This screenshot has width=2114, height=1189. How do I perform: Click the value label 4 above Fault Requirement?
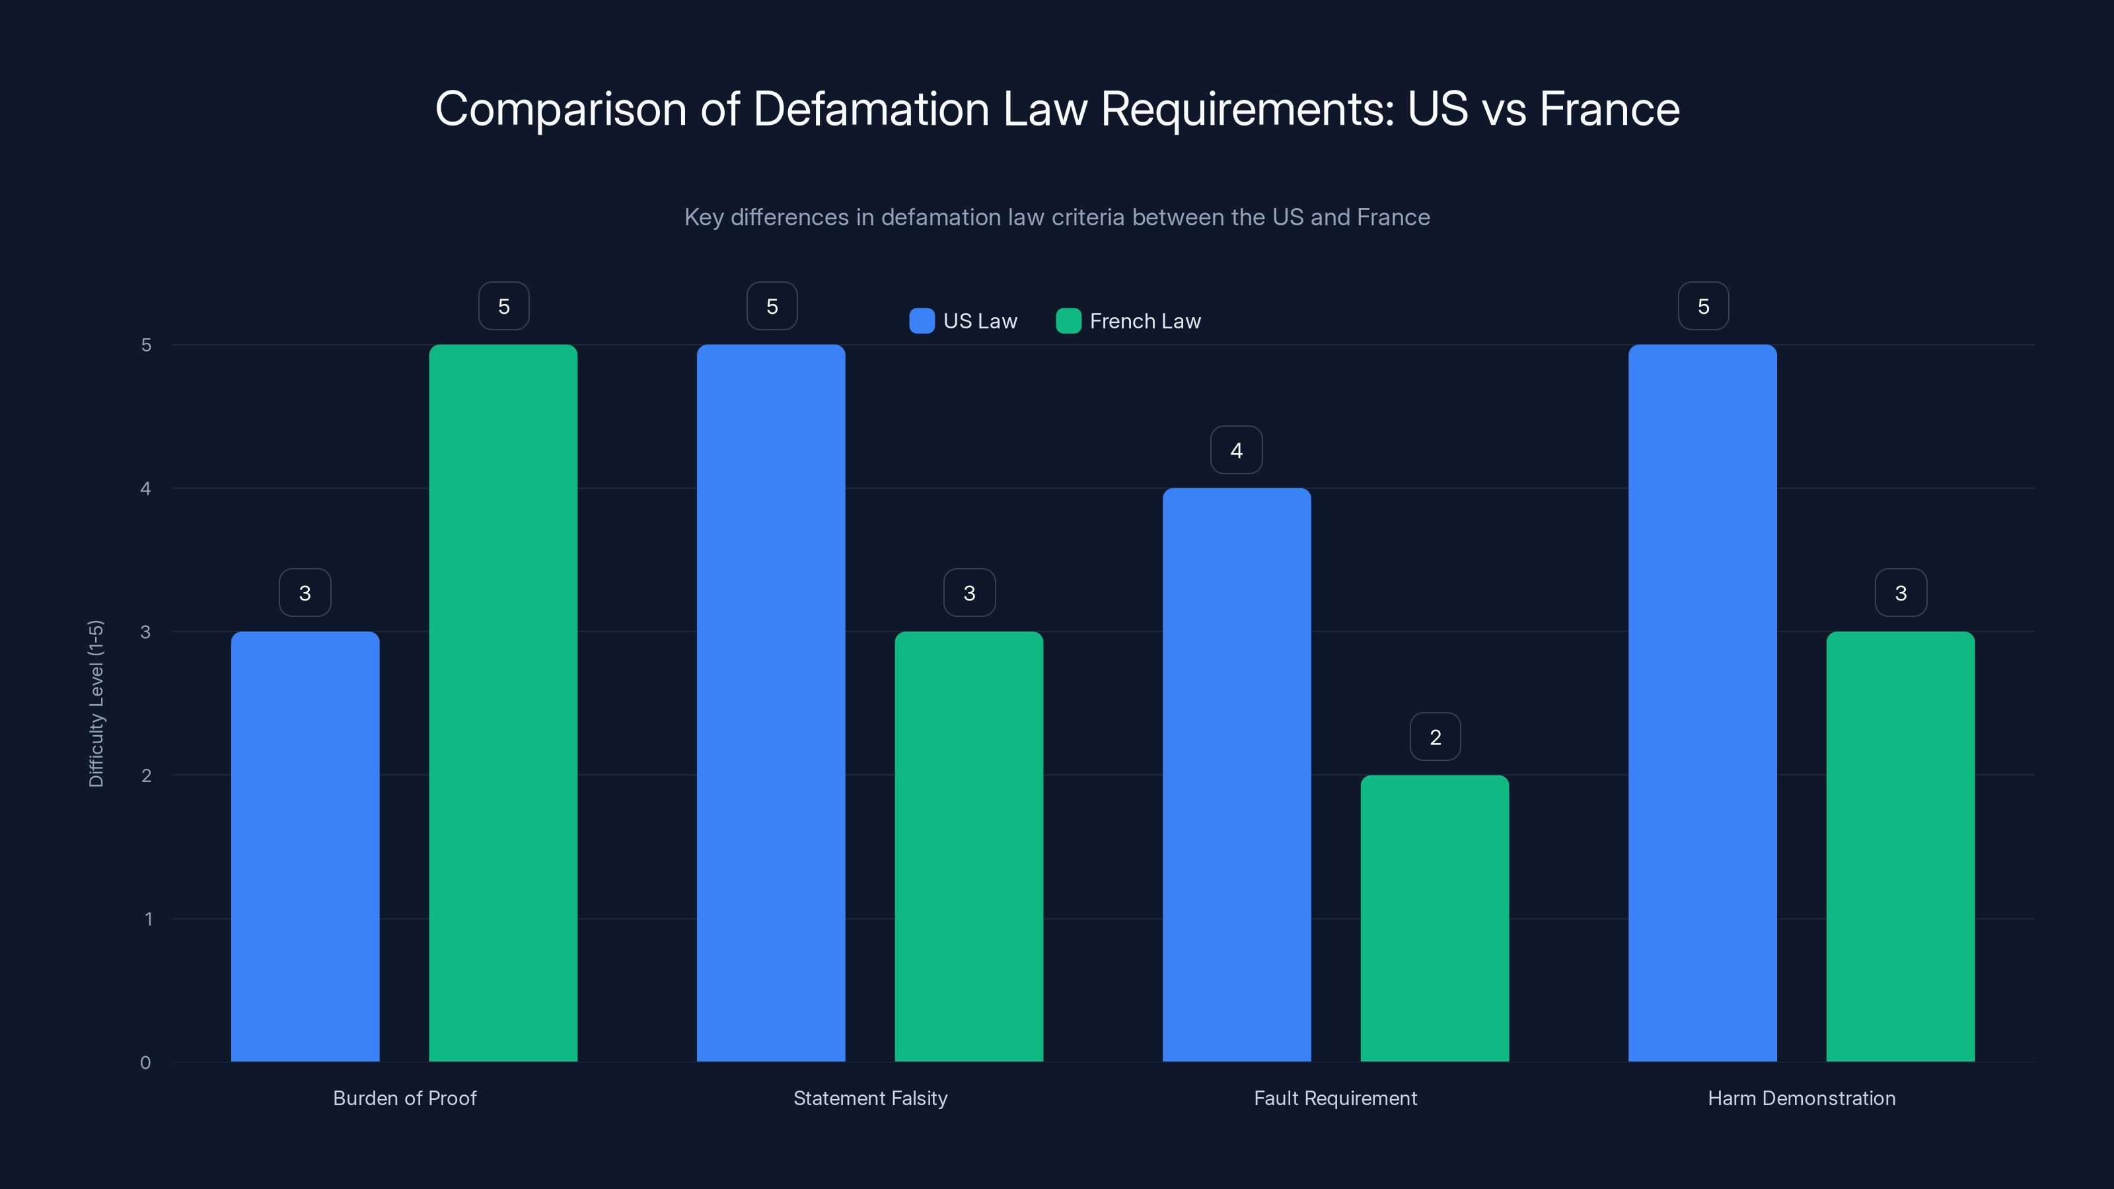pyautogui.click(x=1236, y=450)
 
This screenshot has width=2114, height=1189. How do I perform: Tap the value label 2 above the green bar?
pyautogui.click(x=1434, y=737)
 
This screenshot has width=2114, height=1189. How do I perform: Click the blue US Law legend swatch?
pyautogui.click(x=922, y=321)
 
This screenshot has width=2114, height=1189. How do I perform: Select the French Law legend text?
pyautogui.click(x=1145, y=321)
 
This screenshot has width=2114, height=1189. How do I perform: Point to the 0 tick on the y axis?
pyautogui.click(x=145, y=1063)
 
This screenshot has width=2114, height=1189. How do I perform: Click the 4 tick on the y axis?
pyautogui.click(x=145, y=489)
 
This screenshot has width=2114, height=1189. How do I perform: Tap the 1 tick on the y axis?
pyautogui.click(x=148, y=919)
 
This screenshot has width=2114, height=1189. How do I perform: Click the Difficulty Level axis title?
pyautogui.click(x=96, y=703)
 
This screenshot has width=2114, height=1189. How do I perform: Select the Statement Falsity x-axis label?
pyautogui.click(x=870, y=1098)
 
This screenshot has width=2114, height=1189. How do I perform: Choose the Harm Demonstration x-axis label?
pyautogui.click(x=1802, y=1098)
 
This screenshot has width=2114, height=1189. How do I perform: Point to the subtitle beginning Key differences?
pyautogui.click(x=1056, y=217)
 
